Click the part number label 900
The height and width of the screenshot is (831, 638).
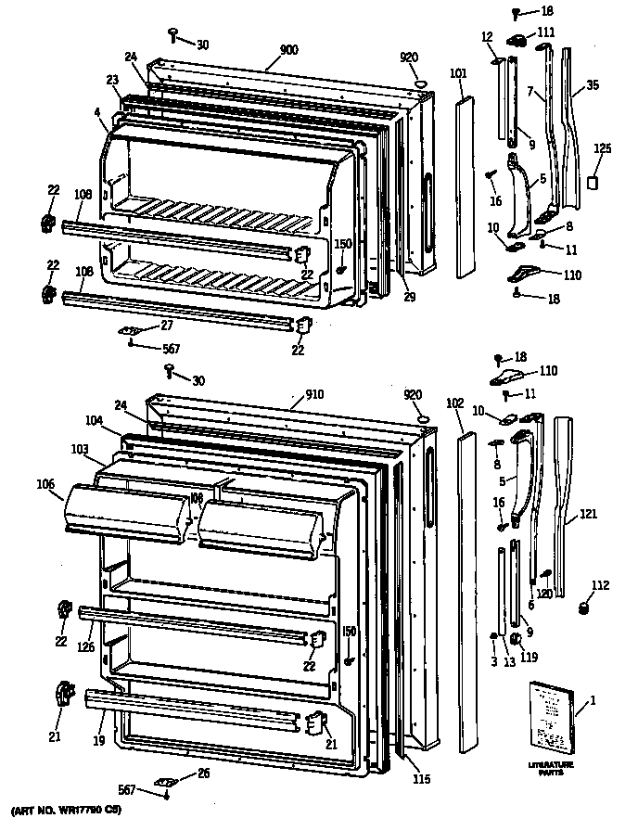(x=288, y=50)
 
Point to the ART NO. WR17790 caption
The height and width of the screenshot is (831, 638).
(x=63, y=812)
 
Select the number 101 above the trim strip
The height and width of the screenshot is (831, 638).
(x=459, y=73)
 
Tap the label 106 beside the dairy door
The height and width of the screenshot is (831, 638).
(x=47, y=483)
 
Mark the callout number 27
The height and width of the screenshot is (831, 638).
(x=166, y=325)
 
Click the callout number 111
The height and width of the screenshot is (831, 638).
(x=546, y=32)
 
